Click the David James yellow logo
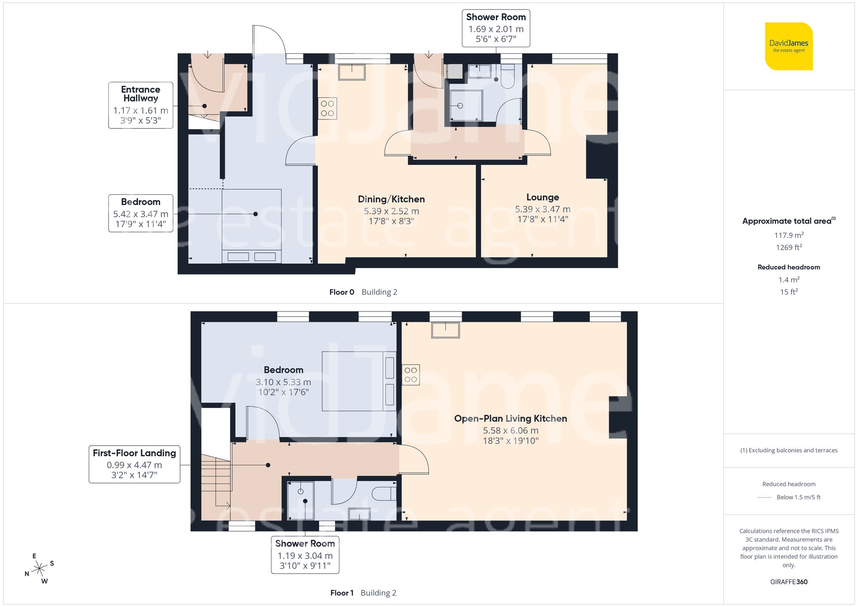click(x=789, y=46)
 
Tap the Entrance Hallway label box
click(x=141, y=105)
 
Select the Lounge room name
click(x=543, y=197)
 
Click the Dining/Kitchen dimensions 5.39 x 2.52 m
click(x=391, y=211)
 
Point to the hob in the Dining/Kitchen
click(x=327, y=109)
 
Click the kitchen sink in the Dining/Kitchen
click(x=352, y=72)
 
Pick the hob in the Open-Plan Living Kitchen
click(x=411, y=375)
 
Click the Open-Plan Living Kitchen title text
click(x=511, y=419)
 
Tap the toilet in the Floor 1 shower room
click(x=384, y=494)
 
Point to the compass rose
click(x=39, y=569)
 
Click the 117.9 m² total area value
click(x=789, y=235)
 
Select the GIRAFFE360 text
click(x=789, y=582)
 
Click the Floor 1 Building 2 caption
click(x=363, y=593)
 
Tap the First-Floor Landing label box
click(x=134, y=464)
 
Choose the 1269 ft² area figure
click(x=789, y=248)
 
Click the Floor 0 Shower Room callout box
click(x=496, y=28)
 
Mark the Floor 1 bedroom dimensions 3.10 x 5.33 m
click(x=283, y=382)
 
